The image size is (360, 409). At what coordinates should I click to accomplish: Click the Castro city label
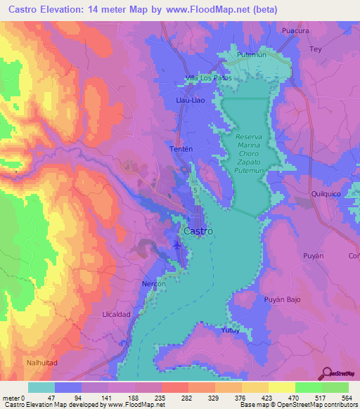[x=199, y=231]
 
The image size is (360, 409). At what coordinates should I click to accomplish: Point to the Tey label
[x=316, y=48]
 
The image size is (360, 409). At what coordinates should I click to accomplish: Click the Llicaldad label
[x=117, y=314]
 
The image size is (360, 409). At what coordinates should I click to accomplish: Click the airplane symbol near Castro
[x=176, y=245]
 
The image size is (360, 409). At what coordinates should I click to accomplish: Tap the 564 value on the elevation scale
[x=337, y=396]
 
